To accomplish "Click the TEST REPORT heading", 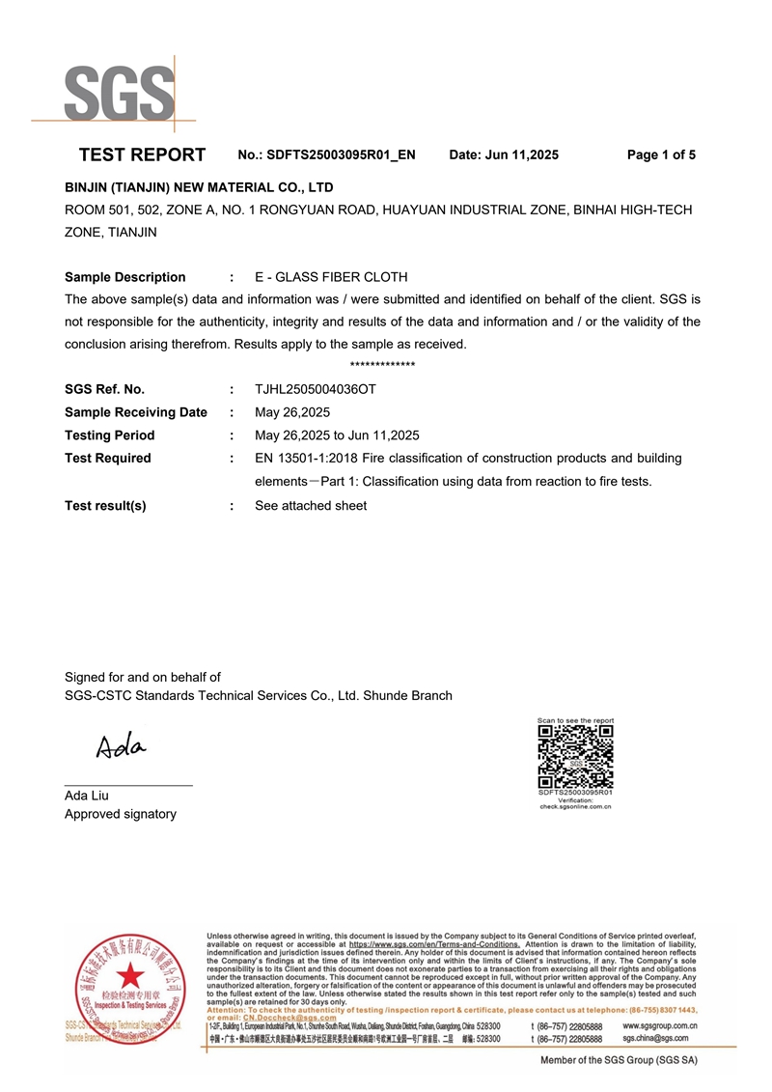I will click(142, 154).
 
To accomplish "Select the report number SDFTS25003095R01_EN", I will click(341, 154).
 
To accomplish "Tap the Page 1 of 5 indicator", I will click(661, 154).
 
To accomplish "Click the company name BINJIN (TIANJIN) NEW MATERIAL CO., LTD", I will click(199, 187).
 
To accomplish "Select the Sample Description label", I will click(124, 277).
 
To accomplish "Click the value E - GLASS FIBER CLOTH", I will click(331, 277).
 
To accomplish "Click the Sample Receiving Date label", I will click(135, 412).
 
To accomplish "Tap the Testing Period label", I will click(109, 435).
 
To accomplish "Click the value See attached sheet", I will click(311, 506).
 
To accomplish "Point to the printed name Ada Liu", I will click(87, 796).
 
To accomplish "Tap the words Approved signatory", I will click(121, 814).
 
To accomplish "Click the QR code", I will click(575, 757).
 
